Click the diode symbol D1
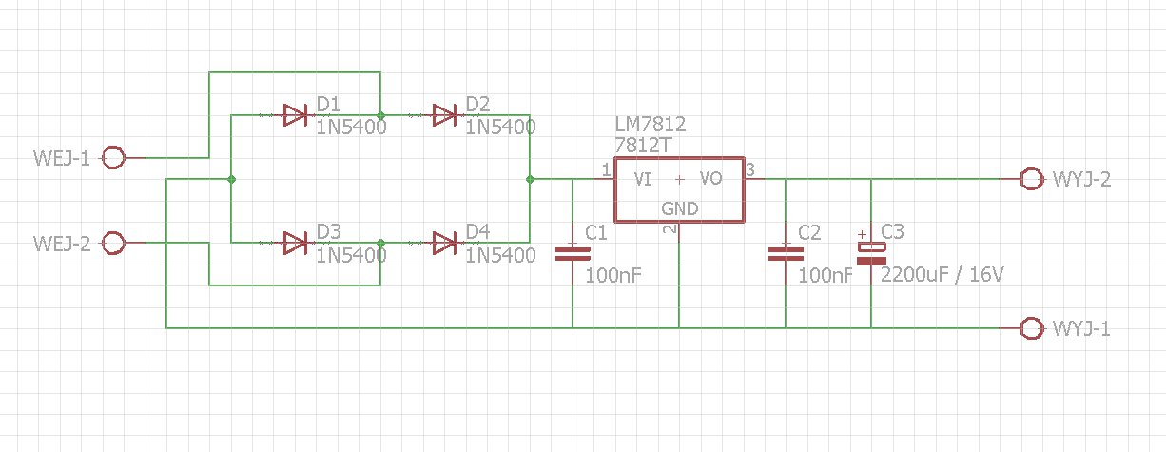click(x=295, y=115)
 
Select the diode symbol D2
click(x=444, y=115)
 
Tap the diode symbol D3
click(x=295, y=244)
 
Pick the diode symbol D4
click(x=444, y=244)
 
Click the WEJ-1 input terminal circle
click(x=113, y=157)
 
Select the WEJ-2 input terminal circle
click(x=113, y=243)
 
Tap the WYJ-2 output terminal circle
click(x=1032, y=179)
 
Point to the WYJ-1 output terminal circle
click(x=1032, y=328)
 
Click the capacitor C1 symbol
click(x=573, y=254)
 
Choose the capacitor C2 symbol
click(x=786, y=254)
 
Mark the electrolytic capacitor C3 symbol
click(x=871, y=254)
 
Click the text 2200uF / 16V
click(x=942, y=274)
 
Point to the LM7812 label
click(x=651, y=124)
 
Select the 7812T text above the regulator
click(x=643, y=145)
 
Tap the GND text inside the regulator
click(x=679, y=208)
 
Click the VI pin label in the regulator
click(x=642, y=179)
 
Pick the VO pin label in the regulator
click(x=710, y=179)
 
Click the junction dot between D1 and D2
click(x=380, y=115)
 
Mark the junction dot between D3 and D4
click(x=380, y=244)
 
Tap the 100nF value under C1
click(x=613, y=275)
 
